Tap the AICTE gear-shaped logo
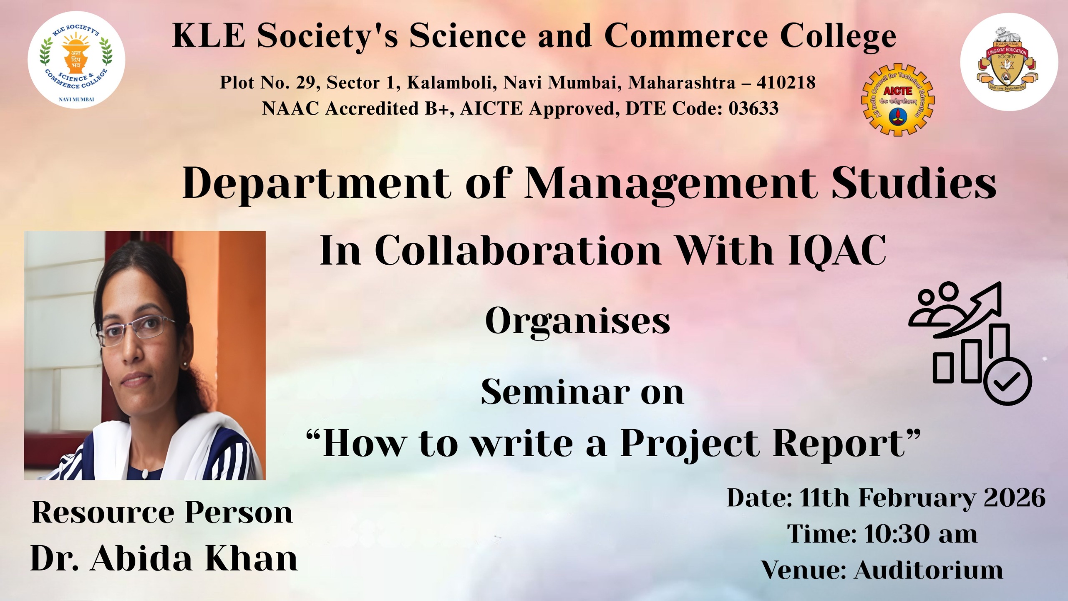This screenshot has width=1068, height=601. tap(898, 100)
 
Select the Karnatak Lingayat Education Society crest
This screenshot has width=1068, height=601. tap(1009, 62)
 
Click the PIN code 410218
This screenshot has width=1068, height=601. tap(786, 82)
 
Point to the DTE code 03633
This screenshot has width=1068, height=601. tap(753, 109)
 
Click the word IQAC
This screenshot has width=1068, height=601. tap(837, 250)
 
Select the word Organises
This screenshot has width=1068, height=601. tap(577, 321)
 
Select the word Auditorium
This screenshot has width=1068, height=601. tap(928, 570)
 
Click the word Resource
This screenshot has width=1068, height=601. tap(103, 512)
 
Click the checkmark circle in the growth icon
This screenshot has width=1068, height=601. tap(1008, 381)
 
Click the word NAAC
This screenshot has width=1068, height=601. tap(291, 109)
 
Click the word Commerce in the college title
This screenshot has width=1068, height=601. tap(686, 36)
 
